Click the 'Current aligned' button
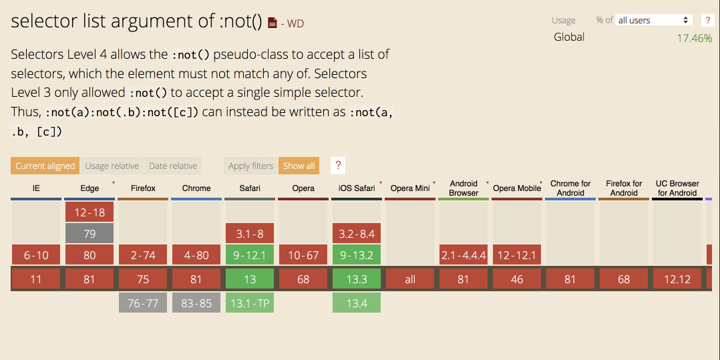point(45,166)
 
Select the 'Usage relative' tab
point(112,166)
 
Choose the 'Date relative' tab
point(173,166)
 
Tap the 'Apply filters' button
point(250,166)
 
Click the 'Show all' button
point(299,166)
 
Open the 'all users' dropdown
point(653,20)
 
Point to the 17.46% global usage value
point(694,38)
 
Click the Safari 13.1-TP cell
point(250,303)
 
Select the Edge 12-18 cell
point(89,212)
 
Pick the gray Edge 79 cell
point(89,233)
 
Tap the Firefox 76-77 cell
point(143,303)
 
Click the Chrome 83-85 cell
point(196,303)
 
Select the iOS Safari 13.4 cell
point(357,303)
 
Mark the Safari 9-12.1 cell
point(250,254)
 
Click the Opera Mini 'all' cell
point(410,279)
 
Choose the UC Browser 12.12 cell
point(677,279)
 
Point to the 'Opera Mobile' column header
point(517,188)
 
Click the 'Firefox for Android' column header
point(624,188)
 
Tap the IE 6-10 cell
point(36,254)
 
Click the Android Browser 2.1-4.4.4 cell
point(464,254)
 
